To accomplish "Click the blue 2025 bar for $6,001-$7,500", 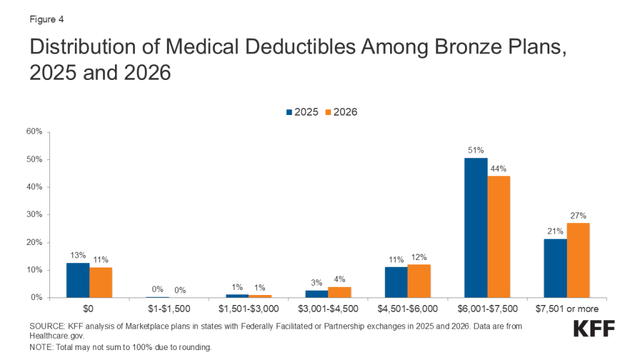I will (x=476, y=228).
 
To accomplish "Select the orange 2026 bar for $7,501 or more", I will (x=578, y=261).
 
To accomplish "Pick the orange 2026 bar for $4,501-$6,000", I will (x=419, y=281).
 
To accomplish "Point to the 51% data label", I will (x=476, y=150).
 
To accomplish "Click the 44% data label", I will (x=499, y=168).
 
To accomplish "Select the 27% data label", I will (x=578, y=215).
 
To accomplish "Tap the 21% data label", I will (x=555, y=231).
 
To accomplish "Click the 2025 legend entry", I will (x=302, y=112).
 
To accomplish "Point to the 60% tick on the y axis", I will (x=34, y=132).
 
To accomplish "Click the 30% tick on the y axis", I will (x=34, y=215).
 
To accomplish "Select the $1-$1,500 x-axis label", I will (x=169, y=309).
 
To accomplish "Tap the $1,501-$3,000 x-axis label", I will (x=249, y=309).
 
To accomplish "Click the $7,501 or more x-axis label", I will (x=566, y=309).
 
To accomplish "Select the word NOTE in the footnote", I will (x=41, y=347).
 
